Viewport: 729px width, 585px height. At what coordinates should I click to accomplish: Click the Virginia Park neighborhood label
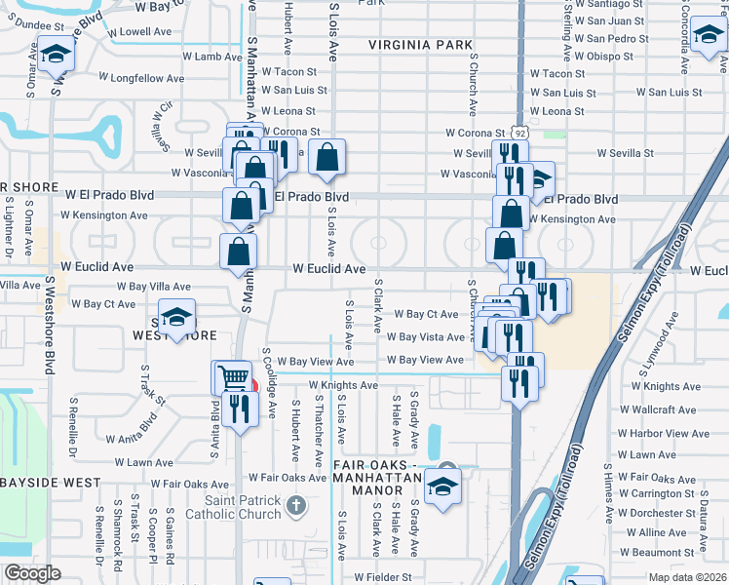tap(420, 45)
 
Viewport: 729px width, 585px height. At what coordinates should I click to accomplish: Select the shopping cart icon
tap(231, 377)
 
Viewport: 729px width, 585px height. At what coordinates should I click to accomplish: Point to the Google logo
tap(31, 574)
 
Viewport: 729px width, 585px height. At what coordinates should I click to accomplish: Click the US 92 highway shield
tap(521, 133)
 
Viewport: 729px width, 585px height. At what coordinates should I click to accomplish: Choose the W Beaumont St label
tap(657, 552)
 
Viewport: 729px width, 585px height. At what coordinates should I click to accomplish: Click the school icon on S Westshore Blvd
tap(55, 53)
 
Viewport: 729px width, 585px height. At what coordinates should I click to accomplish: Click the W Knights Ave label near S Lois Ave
tap(343, 385)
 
